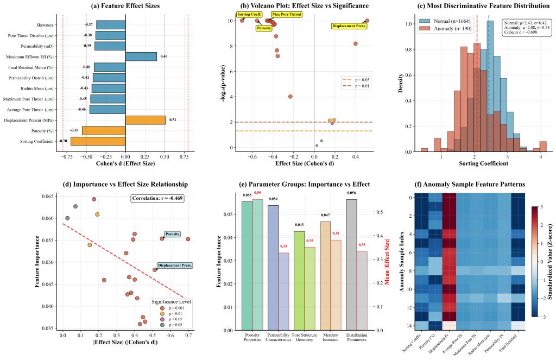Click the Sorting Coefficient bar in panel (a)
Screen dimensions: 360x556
point(98,141)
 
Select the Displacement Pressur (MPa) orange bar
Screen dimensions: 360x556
point(146,120)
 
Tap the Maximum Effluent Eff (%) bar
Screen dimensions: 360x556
point(141,56)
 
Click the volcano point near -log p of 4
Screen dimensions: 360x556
point(290,97)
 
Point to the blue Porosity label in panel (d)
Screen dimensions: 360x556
point(172,234)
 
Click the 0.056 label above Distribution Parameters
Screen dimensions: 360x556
point(351,192)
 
